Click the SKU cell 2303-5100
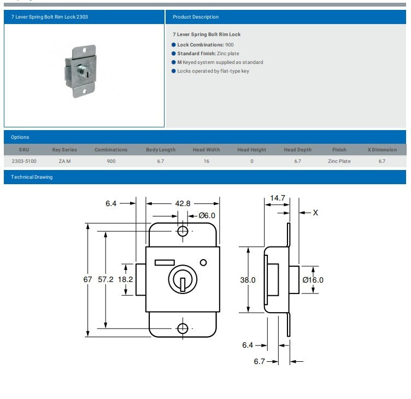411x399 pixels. tap(24, 161)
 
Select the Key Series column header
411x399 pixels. tap(64, 150)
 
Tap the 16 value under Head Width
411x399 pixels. tap(206, 161)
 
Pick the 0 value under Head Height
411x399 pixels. tap(251, 161)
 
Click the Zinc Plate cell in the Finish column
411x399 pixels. tap(339, 161)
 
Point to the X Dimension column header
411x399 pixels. tap(382, 150)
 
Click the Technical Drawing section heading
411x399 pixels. tap(32, 177)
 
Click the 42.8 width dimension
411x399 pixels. tap(183, 203)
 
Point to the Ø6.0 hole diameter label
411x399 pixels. tap(207, 215)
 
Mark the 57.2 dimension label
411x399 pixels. tap(105, 279)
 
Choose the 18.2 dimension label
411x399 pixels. tap(126, 279)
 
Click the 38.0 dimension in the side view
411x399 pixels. tap(248, 280)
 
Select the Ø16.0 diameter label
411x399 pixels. tap(313, 280)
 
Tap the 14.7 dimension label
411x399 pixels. tap(277, 197)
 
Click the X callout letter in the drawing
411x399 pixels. tap(315, 213)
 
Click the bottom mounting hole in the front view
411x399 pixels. tap(183, 328)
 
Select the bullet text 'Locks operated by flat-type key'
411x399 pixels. tap(213, 71)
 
